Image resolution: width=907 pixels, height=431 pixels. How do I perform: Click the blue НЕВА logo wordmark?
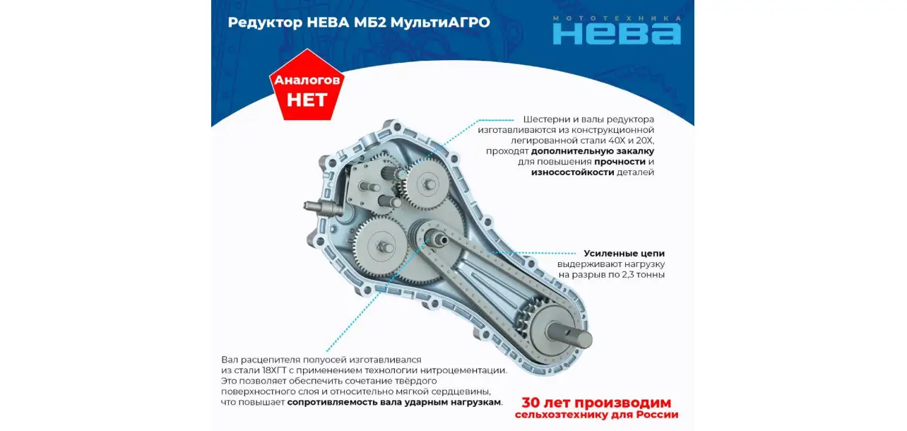tap(617, 33)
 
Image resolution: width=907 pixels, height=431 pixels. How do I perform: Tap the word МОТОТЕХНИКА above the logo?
tap(617, 18)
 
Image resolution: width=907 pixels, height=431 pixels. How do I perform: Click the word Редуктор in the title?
tap(265, 23)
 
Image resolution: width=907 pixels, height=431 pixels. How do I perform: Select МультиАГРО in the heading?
tap(440, 23)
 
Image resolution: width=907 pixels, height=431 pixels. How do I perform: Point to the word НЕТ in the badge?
tap(307, 100)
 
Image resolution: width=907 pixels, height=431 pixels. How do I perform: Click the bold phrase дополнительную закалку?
tap(593, 151)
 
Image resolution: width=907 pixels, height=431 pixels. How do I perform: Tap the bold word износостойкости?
tap(573, 172)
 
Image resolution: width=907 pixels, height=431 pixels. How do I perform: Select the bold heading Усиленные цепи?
tap(624, 254)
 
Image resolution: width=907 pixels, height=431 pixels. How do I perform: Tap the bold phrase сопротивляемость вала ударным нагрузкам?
tap(395, 402)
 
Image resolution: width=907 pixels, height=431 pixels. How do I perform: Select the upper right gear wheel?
tap(427, 184)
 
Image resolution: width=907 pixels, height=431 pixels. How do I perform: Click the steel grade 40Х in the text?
tap(616, 141)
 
